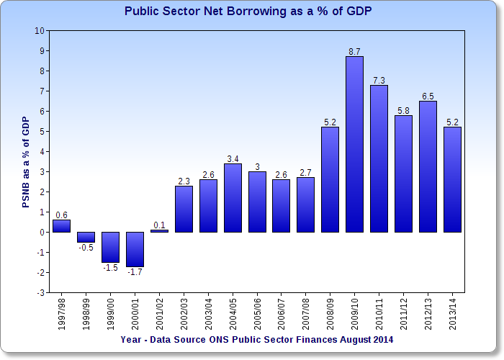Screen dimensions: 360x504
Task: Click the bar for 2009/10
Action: (354, 144)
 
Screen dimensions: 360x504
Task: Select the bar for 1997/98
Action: (62, 226)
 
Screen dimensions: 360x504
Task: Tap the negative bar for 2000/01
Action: (135, 249)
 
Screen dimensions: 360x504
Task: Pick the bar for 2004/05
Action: (233, 198)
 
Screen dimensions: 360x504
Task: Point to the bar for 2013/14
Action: (452, 180)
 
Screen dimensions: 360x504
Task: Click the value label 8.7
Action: (354, 51)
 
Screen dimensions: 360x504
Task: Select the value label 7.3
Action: (379, 79)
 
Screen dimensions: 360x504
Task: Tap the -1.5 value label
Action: (110, 268)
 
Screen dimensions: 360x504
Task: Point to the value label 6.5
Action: (428, 96)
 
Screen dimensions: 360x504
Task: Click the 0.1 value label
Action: (159, 225)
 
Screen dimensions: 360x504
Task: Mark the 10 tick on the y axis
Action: (39, 31)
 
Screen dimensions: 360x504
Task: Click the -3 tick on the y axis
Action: (40, 293)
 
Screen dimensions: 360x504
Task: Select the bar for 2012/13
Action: (428, 166)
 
